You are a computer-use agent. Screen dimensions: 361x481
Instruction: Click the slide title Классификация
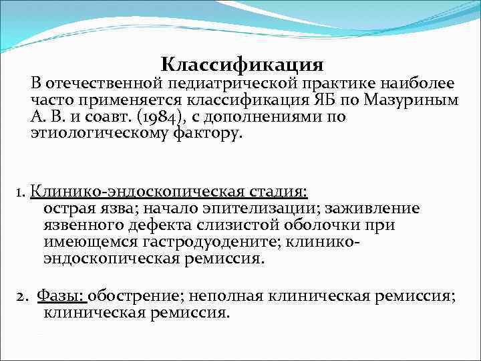[x=242, y=65]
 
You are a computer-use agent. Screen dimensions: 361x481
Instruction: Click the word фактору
[x=208, y=134]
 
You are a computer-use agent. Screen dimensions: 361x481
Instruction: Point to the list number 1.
[x=19, y=193]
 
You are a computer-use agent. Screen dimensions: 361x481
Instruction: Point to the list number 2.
[x=20, y=295]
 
